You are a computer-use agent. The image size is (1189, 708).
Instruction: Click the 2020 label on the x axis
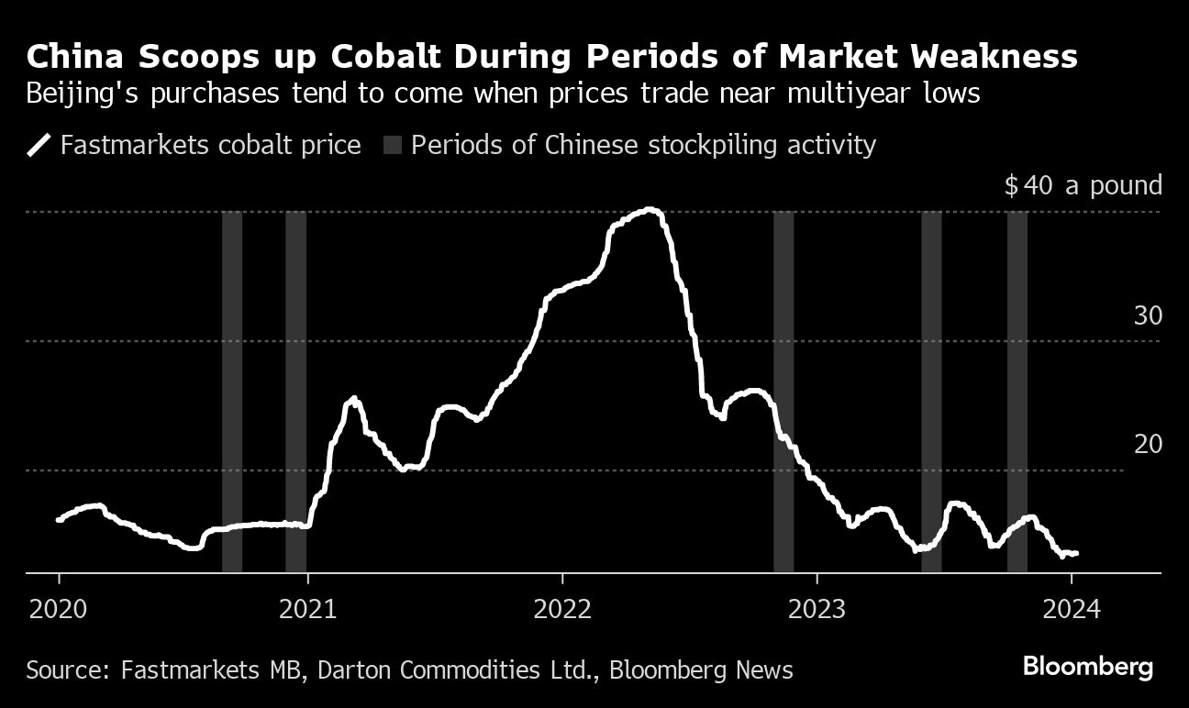coord(59,608)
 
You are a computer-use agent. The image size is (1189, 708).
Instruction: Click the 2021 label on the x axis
coord(308,608)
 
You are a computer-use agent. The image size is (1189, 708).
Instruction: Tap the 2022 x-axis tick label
coord(561,608)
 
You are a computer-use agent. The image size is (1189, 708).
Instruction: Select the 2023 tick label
coord(817,608)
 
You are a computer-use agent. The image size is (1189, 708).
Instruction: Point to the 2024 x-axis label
coord(1072,608)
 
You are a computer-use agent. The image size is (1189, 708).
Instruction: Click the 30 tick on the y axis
coord(1148,316)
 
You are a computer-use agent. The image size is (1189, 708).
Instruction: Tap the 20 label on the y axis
coord(1148,445)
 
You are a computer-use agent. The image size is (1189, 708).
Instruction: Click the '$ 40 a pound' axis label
coord(1083,186)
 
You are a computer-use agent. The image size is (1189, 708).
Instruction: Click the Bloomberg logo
coord(1087,668)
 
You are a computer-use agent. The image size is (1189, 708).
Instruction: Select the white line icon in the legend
coord(39,146)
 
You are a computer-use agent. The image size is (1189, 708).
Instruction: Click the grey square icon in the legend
coord(393,146)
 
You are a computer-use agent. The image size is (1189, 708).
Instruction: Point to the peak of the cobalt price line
coord(650,210)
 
